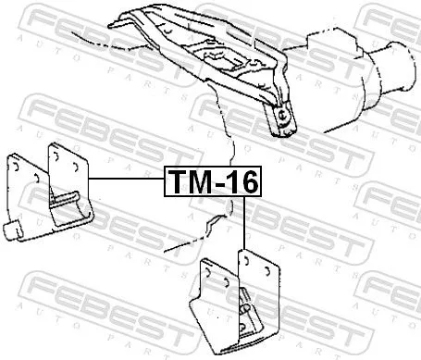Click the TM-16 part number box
click(x=213, y=182)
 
